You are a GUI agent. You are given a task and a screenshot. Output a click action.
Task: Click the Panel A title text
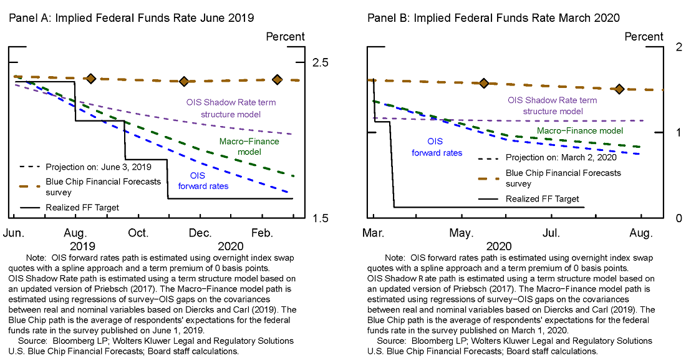pyautogui.click(x=131, y=18)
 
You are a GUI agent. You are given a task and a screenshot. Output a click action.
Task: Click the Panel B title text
pyautogui.click(x=493, y=18)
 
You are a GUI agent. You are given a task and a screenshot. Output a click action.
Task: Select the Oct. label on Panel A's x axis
pyautogui.click(x=138, y=233)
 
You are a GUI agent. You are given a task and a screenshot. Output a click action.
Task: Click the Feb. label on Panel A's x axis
pyautogui.click(x=263, y=233)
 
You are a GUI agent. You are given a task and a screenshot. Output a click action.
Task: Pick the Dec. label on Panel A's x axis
pyautogui.click(x=200, y=233)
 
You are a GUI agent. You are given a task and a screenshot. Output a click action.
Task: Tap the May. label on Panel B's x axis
pyautogui.click(x=461, y=233)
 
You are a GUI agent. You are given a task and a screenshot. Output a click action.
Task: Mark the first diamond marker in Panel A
pyautogui.click(x=90, y=79)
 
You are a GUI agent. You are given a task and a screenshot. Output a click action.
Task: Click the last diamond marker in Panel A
pyautogui.click(x=277, y=79)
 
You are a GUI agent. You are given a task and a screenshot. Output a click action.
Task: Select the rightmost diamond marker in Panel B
pyautogui.click(x=619, y=89)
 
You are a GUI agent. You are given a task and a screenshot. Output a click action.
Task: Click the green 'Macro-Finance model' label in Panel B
pyautogui.click(x=580, y=131)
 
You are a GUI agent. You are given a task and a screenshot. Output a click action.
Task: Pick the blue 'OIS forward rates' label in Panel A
pyautogui.click(x=203, y=181)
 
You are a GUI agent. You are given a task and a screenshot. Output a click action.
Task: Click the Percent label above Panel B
pyautogui.click(x=644, y=37)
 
